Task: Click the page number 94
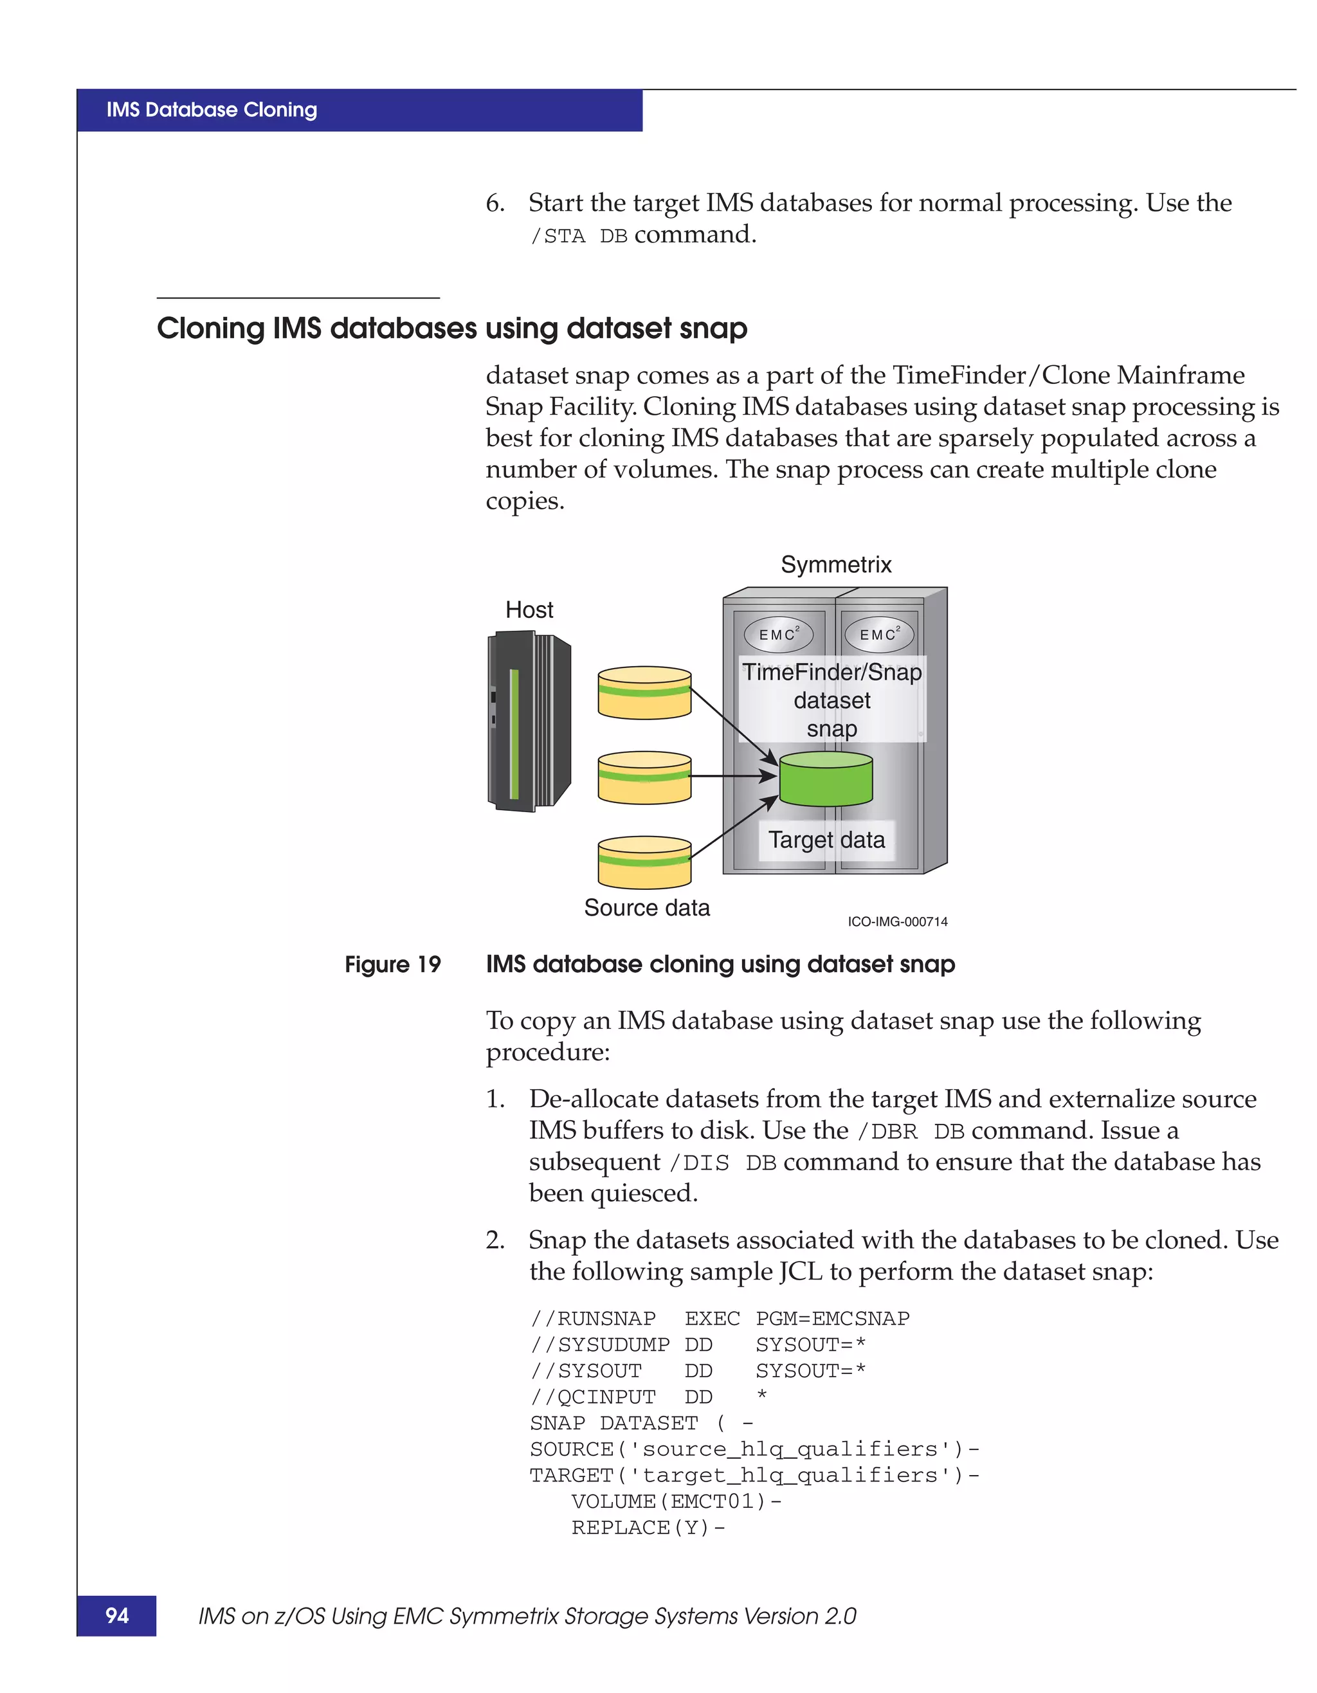(117, 1615)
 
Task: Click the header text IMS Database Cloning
(212, 110)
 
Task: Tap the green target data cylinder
(826, 780)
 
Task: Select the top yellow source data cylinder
(644, 693)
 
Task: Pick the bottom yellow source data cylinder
(644, 862)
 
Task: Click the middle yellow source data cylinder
(644, 777)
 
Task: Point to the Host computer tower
(528, 721)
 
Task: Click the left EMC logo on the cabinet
(778, 634)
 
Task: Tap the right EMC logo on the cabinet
(879, 634)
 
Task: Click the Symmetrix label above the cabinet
(835, 565)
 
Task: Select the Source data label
(646, 908)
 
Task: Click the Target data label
(826, 840)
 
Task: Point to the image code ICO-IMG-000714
(897, 921)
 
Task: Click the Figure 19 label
(392, 964)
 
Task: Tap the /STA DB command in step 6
(578, 235)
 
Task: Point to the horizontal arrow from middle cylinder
(732, 775)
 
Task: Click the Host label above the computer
(529, 610)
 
